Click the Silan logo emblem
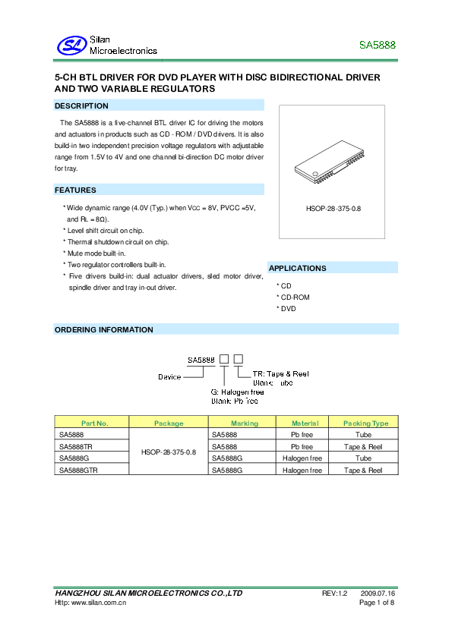(x=73, y=46)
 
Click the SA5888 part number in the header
(x=377, y=46)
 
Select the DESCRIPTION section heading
(x=81, y=105)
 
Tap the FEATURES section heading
(x=75, y=190)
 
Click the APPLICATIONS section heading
(x=298, y=268)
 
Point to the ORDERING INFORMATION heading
(x=104, y=329)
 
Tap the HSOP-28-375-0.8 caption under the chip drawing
(x=333, y=207)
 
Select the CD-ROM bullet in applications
(x=296, y=297)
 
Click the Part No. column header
(x=94, y=423)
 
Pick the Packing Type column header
(x=365, y=423)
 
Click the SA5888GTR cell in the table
(x=78, y=471)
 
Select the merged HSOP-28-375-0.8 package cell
(x=169, y=452)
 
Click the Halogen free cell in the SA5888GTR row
(x=302, y=471)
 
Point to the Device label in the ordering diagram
(x=169, y=376)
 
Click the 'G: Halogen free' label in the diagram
(x=238, y=392)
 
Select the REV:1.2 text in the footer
(x=334, y=593)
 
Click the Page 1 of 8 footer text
(x=376, y=603)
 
